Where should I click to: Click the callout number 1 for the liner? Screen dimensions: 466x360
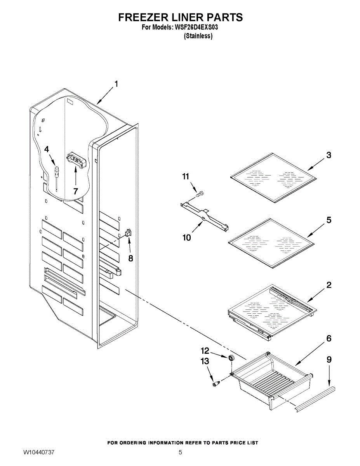[x=116, y=83]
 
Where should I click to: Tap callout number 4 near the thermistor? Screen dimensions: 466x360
[x=47, y=149]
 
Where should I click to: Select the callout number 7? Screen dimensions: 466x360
[x=75, y=191]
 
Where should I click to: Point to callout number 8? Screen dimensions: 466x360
[x=131, y=258]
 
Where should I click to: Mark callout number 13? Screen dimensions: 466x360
[x=205, y=361]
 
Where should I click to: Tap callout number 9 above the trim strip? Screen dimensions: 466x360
[x=329, y=360]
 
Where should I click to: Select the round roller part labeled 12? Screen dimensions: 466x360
[x=232, y=358]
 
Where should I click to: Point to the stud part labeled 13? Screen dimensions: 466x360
[x=216, y=383]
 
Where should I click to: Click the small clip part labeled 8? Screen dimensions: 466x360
[x=128, y=233]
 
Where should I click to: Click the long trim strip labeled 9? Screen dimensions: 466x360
[x=315, y=397]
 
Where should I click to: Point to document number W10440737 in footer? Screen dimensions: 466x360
[x=39, y=453]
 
